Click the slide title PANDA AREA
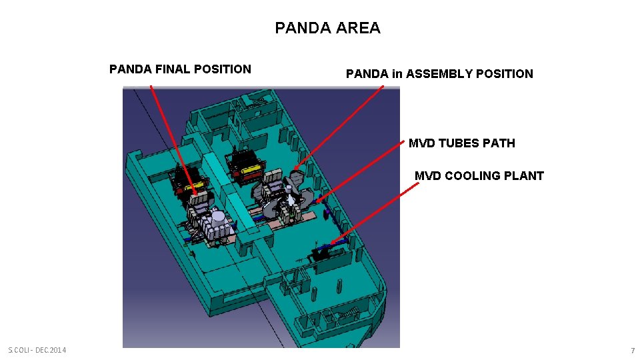click(x=327, y=28)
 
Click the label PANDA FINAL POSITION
click(x=180, y=69)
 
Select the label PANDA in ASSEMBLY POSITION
click(x=439, y=74)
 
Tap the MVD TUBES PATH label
click(x=461, y=143)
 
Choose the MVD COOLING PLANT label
click(x=479, y=176)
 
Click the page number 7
click(x=633, y=351)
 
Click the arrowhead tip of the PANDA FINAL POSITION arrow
click(x=196, y=194)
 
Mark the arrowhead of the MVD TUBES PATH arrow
click(x=316, y=201)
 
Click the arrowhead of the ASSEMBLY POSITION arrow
click(x=295, y=167)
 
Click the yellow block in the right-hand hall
click(x=251, y=170)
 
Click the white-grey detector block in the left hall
click(x=217, y=223)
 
